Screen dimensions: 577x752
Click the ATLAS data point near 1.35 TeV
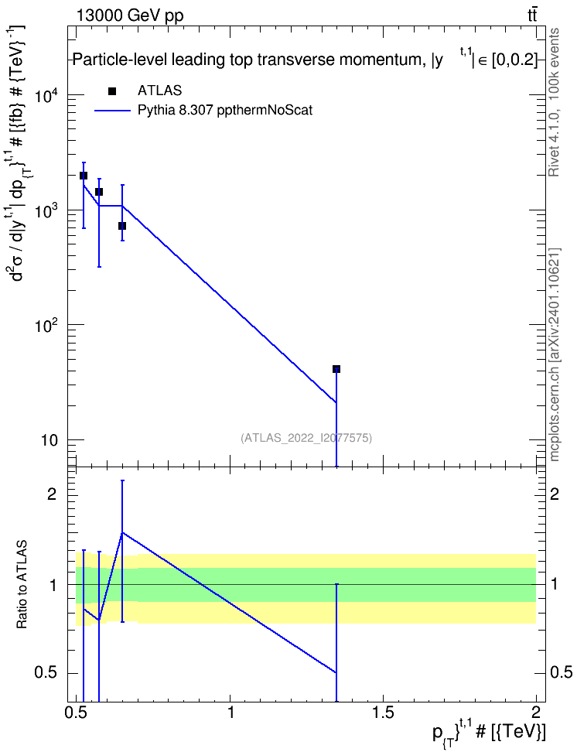click(x=336, y=369)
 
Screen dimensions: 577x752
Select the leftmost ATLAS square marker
click(x=84, y=176)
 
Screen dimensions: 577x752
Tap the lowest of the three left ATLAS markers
click(x=122, y=226)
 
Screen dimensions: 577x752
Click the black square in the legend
click(x=112, y=91)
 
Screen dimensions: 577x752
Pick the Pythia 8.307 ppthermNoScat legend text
click(x=225, y=111)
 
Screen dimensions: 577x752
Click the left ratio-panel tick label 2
click(x=52, y=494)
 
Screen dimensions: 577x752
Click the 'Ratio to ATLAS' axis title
click(x=22, y=585)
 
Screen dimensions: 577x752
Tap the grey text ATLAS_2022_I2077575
click(x=306, y=438)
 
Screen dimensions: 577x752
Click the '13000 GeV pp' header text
click(x=130, y=15)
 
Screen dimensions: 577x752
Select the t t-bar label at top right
click(x=532, y=15)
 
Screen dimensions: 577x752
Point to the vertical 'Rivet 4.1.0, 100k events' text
click(x=554, y=102)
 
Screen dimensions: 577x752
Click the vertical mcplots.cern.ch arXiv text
click(x=555, y=354)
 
